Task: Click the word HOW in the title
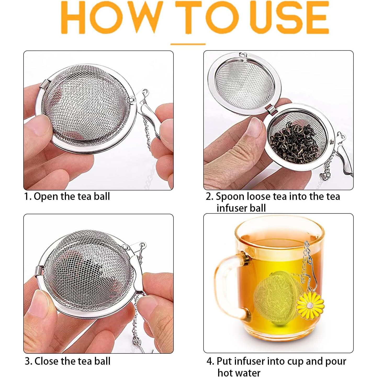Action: (x=110, y=18)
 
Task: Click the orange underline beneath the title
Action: (x=188, y=44)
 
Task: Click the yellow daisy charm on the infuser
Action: (x=310, y=305)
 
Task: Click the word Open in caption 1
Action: (x=46, y=196)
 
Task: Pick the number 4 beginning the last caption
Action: (x=210, y=362)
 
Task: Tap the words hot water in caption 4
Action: (x=239, y=372)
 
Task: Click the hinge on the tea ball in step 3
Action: (x=39, y=271)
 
